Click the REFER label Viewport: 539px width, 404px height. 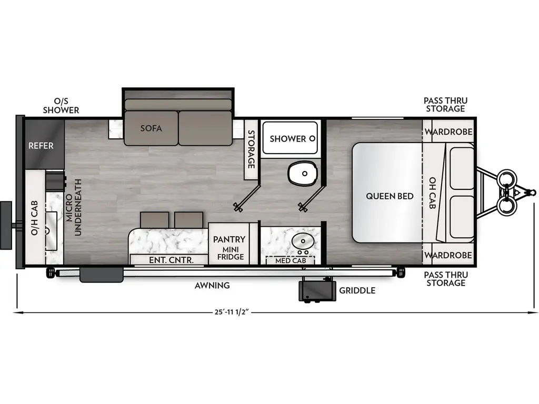(41, 145)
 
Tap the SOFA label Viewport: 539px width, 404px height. (151, 128)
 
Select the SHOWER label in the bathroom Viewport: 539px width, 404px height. (288, 138)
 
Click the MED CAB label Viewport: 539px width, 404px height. (290, 260)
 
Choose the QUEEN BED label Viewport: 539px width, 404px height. (390, 196)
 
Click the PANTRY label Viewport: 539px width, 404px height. (229, 239)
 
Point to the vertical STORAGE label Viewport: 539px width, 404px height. (252, 149)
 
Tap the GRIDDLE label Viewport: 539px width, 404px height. (357, 290)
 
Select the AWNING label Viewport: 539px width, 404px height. (212, 285)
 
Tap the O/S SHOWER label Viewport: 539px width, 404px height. (61, 105)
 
